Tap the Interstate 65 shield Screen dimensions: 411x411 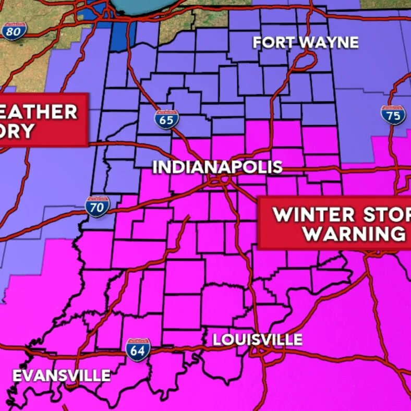pyautogui.click(x=167, y=119)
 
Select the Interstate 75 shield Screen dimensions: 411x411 pyautogui.click(x=393, y=114)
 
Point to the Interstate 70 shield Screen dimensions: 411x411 pyautogui.click(x=98, y=207)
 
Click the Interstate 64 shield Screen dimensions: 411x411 pyautogui.click(x=138, y=349)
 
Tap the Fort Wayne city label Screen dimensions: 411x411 pyautogui.click(x=306, y=43)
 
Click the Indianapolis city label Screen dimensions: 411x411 pyautogui.click(x=217, y=167)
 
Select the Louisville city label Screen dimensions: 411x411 pyautogui.click(x=257, y=340)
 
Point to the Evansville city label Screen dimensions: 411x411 pyautogui.click(x=62, y=376)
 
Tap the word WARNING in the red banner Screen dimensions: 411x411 pyautogui.click(x=355, y=234)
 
